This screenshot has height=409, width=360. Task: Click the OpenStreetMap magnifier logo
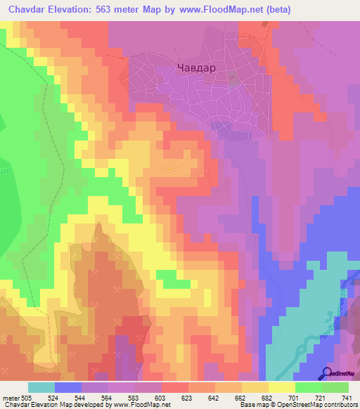tap(326, 373)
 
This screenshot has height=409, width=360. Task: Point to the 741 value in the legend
tap(348, 398)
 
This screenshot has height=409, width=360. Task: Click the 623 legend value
tap(186, 398)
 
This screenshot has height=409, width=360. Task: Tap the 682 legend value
tap(267, 398)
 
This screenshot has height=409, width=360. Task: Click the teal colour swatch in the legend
tap(41, 387)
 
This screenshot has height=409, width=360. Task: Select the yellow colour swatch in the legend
tap(282, 387)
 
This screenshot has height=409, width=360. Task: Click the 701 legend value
tap(294, 398)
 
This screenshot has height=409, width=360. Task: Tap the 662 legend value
tap(240, 398)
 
